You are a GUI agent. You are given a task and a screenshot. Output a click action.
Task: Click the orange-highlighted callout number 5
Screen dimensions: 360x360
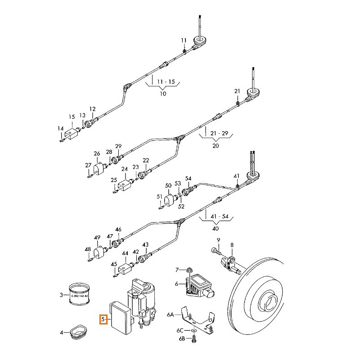click(x=103, y=320)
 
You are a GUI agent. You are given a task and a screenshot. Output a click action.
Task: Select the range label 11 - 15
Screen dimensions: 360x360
click(x=163, y=81)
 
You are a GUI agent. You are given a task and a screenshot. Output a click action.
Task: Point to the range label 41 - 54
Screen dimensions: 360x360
click(x=219, y=216)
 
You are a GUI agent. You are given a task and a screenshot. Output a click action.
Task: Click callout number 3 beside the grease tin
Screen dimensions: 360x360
click(x=61, y=295)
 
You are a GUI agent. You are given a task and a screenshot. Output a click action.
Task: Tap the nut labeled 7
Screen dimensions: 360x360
click(x=189, y=270)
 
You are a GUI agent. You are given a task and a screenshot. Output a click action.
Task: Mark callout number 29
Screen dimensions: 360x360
click(x=118, y=146)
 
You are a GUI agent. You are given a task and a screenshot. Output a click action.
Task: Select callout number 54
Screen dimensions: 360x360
click(x=188, y=179)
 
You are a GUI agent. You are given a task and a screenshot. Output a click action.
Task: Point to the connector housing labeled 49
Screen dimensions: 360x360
click(x=99, y=251)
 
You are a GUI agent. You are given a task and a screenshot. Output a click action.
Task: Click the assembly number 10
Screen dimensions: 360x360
click(x=163, y=94)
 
